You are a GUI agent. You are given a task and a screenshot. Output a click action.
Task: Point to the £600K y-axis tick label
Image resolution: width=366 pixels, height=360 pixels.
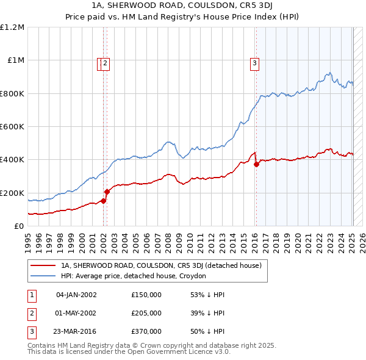pos(13,127)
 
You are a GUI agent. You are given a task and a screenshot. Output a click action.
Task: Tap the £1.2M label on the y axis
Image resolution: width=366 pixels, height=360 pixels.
pos(13,27)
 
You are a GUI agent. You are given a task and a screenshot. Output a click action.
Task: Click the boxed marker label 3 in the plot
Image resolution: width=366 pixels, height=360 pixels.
pos(254,62)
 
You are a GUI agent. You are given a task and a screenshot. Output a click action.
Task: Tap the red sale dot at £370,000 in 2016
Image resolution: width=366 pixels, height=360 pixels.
pos(256,164)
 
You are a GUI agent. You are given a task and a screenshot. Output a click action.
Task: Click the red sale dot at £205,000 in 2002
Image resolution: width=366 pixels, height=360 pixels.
pos(107,192)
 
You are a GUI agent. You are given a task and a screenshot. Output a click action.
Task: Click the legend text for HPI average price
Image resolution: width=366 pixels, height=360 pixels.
pos(134,276)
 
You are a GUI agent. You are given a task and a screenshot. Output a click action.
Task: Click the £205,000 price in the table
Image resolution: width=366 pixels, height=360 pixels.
pos(146,313)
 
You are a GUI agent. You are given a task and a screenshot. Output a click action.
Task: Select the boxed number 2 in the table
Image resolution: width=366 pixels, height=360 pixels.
pos(31,313)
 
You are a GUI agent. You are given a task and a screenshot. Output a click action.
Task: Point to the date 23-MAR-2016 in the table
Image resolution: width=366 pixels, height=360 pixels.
pos(76,331)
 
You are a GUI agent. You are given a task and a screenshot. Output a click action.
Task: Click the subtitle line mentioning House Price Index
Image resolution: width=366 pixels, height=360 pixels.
pos(182,18)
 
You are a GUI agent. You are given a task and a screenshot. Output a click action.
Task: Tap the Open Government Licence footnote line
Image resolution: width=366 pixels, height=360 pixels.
pos(129,353)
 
